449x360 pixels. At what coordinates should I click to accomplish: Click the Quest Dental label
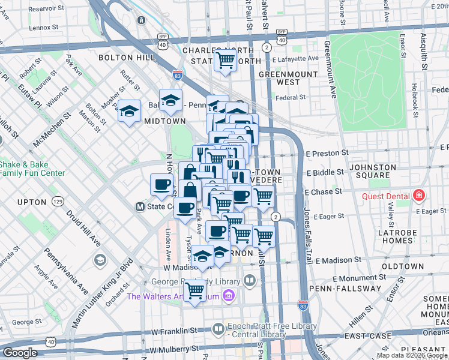pyautogui.click(x=385, y=196)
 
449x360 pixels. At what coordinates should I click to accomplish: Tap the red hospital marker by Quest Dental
pyautogui.click(x=418, y=196)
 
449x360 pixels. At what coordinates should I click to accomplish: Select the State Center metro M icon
pyautogui.click(x=139, y=206)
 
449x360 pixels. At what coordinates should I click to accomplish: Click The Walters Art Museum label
pyautogui.click(x=173, y=296)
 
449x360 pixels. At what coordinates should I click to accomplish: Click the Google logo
pyautogui.click(x=20, y=353)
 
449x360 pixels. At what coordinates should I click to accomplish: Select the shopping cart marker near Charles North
pyautogui.click(x=225, y=60)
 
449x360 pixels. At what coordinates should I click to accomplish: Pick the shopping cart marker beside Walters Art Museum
pyautogui.click(x=195, y=291)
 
